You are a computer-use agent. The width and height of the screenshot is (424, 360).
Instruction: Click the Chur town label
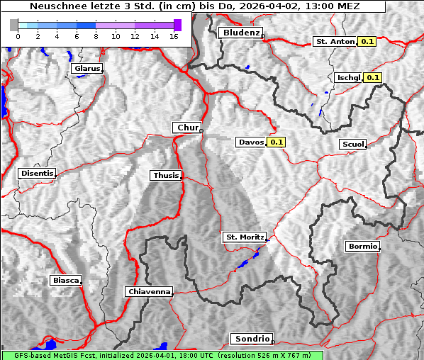pyautogui.click(x=187, y=128)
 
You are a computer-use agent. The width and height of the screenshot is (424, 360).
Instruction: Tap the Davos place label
pyautogui.click(x=251, y=142)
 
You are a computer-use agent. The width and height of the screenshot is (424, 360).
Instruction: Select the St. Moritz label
pyautogui.click(x=244, y=237)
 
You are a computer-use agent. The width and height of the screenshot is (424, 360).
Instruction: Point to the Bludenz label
pyautogui.click(x=240, y=33)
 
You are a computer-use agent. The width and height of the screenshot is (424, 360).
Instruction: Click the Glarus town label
pyautogui.click(x=86, y=69)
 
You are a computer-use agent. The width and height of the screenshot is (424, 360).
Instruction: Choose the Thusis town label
pyautogui.click(x=166, y=175)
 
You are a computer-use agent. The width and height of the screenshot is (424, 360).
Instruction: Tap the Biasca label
pyautogui.click(x=66, y=280)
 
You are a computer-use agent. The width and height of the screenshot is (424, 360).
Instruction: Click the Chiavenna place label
pyautogui.click(x=149, y=291)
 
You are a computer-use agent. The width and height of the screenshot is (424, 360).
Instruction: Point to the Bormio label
pyautogui.click(x=362, y=247)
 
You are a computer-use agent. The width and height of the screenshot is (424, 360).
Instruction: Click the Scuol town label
pyautogui.click(x=352, y=144)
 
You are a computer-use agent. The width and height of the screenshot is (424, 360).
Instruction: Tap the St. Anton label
pyautogui.click(x=334, y=42)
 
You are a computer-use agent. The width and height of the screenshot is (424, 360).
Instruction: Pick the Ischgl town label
pyautogui.click(x=348, y=77)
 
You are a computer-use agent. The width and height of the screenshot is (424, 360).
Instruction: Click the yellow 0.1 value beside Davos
pyautogui.click(x=276, y=142)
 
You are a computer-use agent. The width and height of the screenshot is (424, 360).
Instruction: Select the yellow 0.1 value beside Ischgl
pyautogui.click(x=373, y=77)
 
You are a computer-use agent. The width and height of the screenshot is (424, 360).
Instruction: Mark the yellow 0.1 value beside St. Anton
pyautogui.click(x=367, y=42)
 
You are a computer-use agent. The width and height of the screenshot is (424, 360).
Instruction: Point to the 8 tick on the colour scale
pyautogui.click(x=96, y=35)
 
